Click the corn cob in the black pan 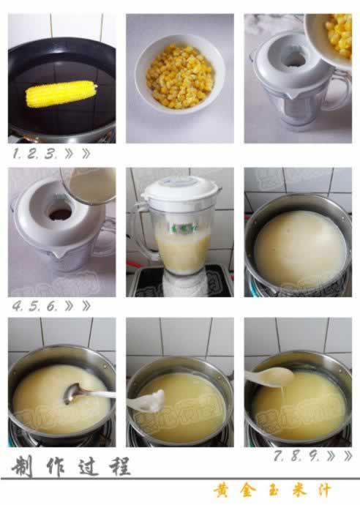click(61, 94)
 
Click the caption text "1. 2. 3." click(33, 154)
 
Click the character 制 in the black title click(22, 466)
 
